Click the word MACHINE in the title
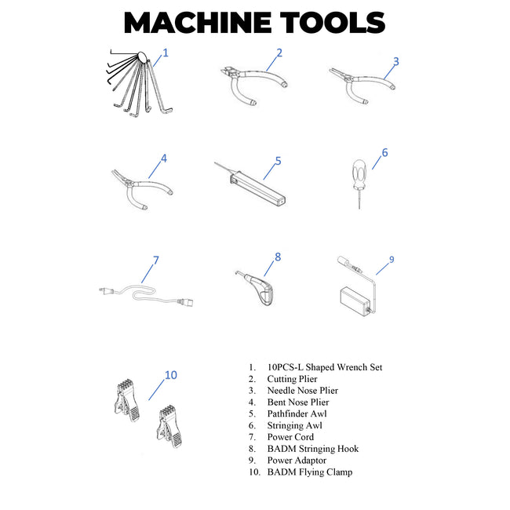coord(198,23)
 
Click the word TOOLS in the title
coord(333,23)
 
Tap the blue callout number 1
coord(166,53)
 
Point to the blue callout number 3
coord(395,61)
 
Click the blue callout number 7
coord(156,260)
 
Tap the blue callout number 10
coord(171,375)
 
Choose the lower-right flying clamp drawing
coord(169,426)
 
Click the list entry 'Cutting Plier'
coord(292,379)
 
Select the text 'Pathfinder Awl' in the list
coord(297,413)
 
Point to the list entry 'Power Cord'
coord(290,437)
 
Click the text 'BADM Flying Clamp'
coord(310,472)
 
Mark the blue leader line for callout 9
coord(383,268)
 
